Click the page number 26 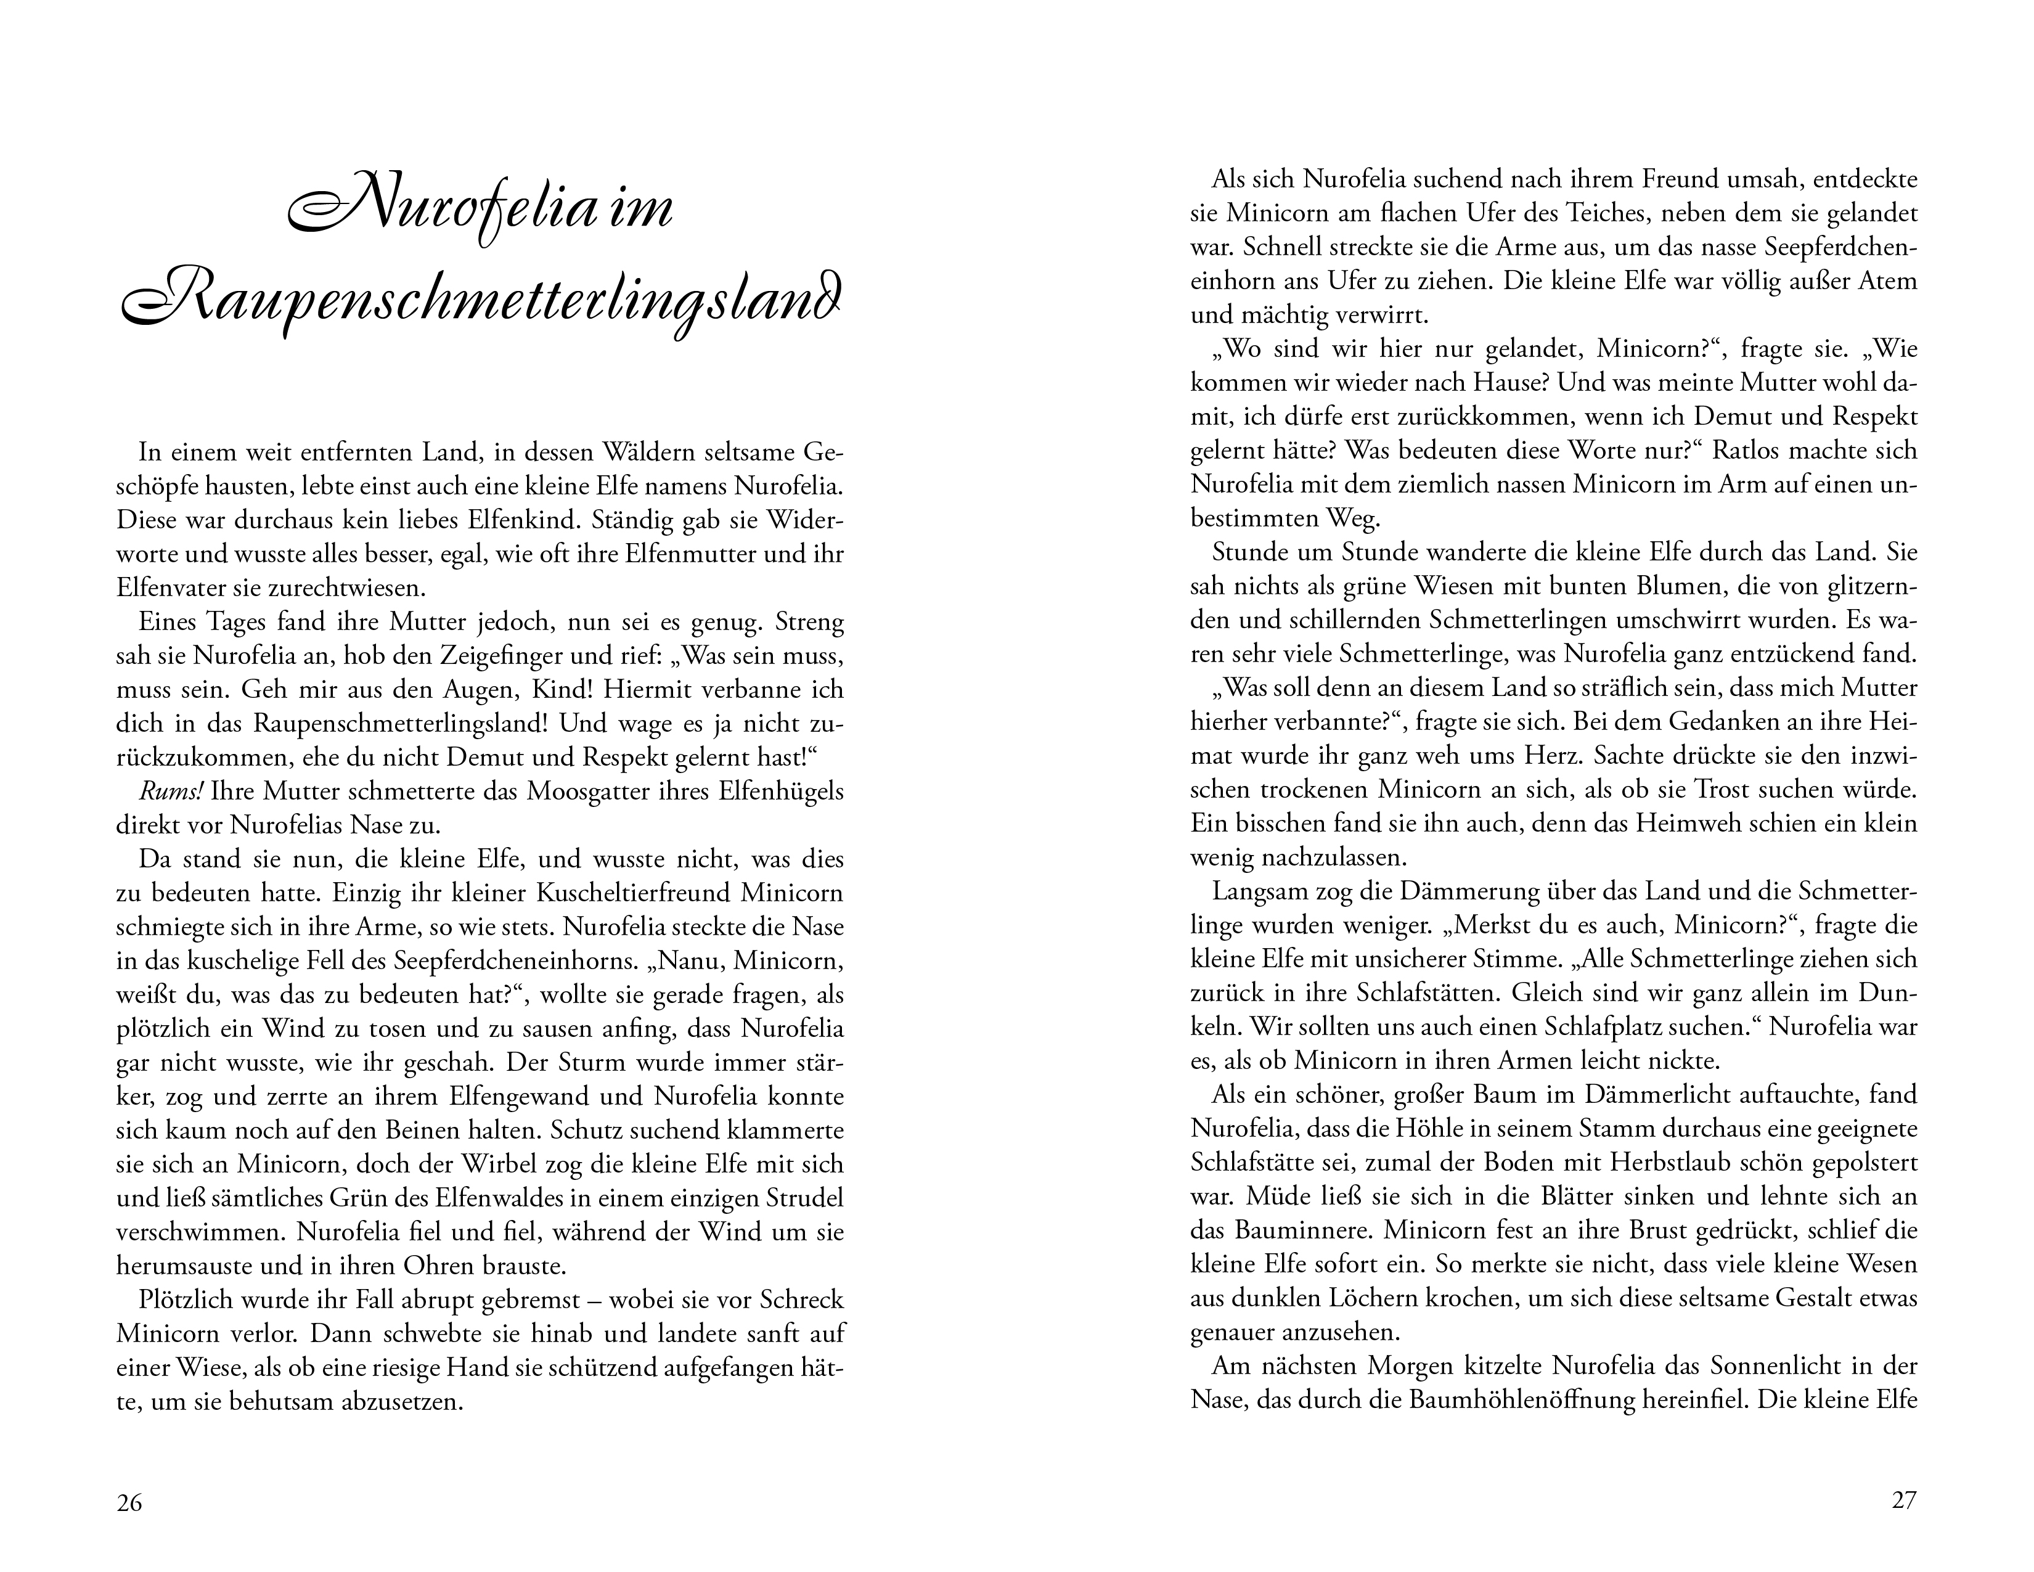[129, 1503]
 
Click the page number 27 [1903, 1500]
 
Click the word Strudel [803, 1198]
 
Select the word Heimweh [1685, 823]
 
